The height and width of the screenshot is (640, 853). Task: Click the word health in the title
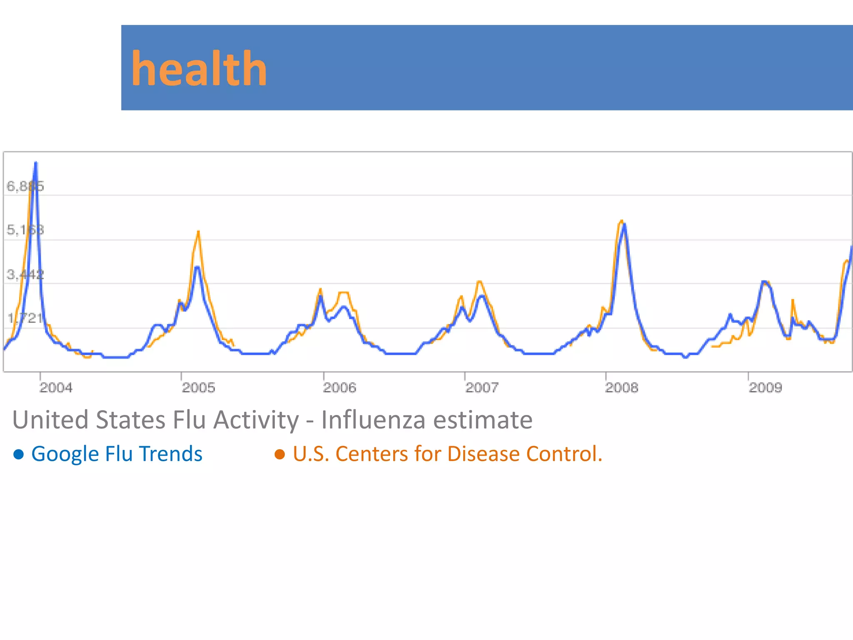[199, 69]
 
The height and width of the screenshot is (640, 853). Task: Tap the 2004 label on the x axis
[56, 388]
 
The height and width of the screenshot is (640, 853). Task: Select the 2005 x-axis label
[199, 388]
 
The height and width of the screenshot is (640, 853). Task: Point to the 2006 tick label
[339, 388]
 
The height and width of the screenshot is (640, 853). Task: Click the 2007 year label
[481, 388]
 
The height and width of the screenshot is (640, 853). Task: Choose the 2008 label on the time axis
[621, 388]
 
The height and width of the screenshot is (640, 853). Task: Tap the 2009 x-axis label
[766, 388]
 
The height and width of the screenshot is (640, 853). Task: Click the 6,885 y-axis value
[25, 186]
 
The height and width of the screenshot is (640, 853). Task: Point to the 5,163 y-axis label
[25, 230]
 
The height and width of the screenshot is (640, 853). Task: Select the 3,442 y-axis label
[25, 275]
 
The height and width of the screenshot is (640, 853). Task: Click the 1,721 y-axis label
[25, 318]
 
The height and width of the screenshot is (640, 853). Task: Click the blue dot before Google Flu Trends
[19, 454]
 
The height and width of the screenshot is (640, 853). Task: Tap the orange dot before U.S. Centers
[280, 454]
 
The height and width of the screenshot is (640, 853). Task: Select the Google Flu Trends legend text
[117, 454]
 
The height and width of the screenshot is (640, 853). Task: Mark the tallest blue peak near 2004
[36, 163]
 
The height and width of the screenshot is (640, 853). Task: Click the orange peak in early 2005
[198, 232]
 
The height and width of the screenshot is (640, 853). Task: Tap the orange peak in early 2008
[621, 221]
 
